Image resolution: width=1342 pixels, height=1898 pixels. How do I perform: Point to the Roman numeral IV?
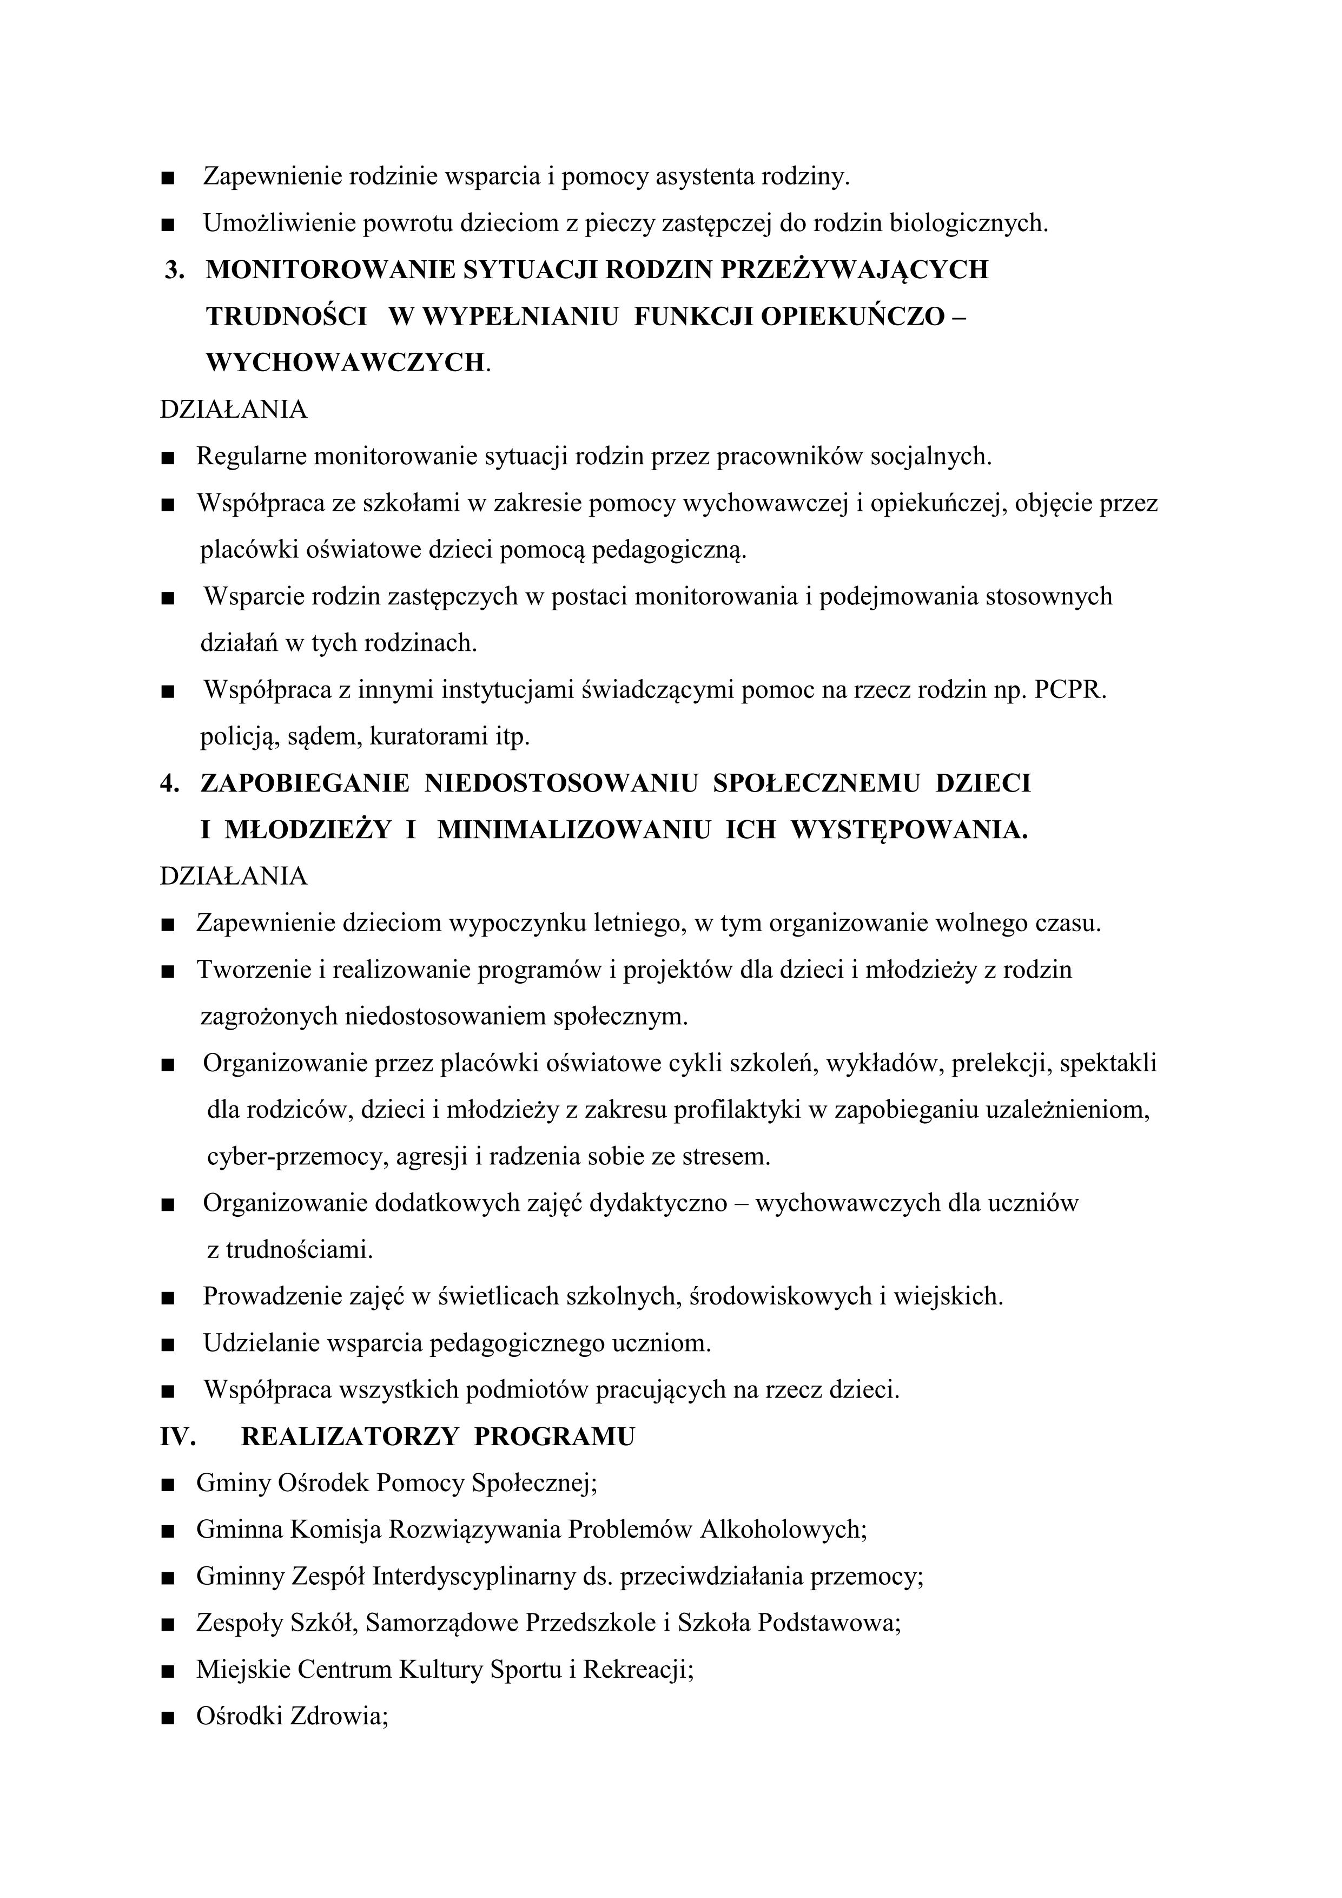[x=177, y=1436]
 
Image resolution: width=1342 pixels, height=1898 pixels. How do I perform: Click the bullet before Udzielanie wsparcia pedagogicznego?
[x=169, y=1344]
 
